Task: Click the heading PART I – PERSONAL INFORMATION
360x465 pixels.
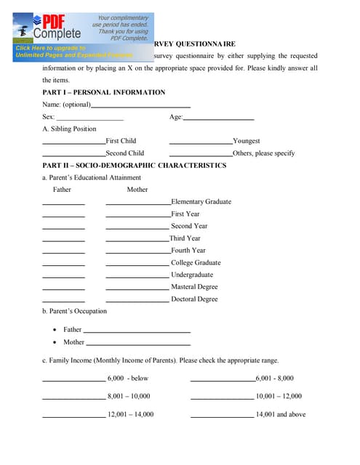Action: tap(104, 92)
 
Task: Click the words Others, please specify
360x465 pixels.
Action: tap(264, 153)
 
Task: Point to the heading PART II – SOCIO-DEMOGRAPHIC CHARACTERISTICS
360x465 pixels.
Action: tap(135, 166)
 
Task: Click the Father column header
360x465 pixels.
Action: tap(62, 190)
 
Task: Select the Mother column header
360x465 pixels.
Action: tap(137, 190)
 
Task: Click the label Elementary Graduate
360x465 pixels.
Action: tap(201, 202)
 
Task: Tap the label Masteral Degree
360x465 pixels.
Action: tap(194, 287)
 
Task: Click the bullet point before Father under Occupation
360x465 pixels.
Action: tap(55, 330)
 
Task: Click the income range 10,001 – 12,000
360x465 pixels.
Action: tap(279, 397)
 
